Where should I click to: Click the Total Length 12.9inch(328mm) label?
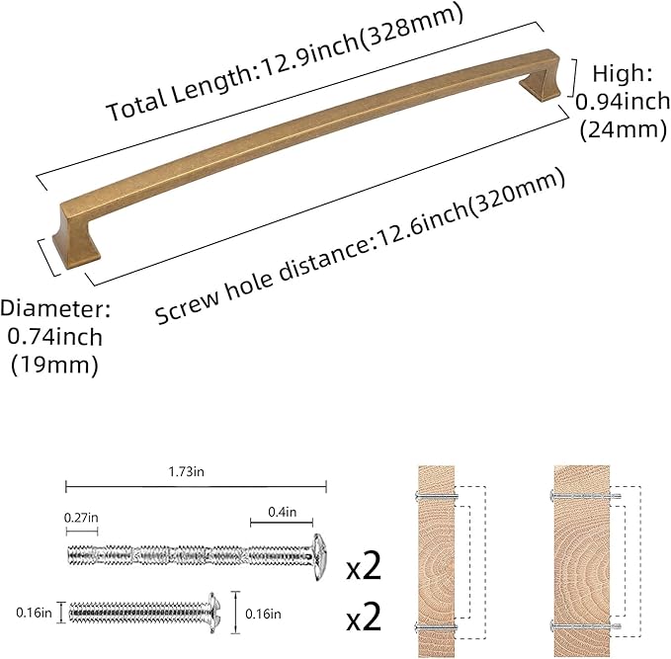click(x=285, y=62)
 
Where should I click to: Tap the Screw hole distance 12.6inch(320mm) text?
click(x=360, y=246)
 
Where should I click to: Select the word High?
click(x=623, y=73)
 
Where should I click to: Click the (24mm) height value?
click(x=624, y=129)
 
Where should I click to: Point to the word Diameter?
click(x=55, y=308)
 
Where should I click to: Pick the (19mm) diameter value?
click(x=54, y=366)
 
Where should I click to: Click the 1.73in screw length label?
click(x=186, y=472)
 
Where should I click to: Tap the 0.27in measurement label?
click(x=81, y=518)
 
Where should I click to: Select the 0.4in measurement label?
click(x=282, y=512)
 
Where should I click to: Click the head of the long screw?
click(x=319, y=556)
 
